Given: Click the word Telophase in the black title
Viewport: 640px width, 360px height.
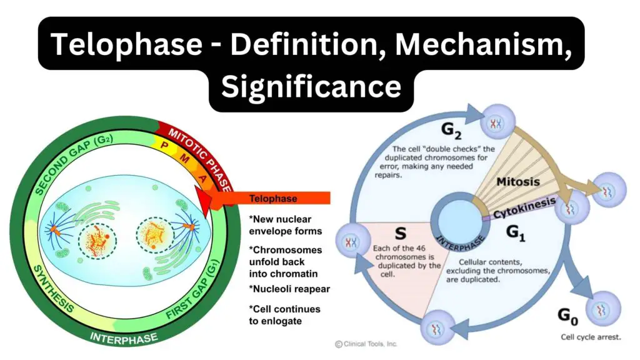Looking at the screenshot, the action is point(126,44).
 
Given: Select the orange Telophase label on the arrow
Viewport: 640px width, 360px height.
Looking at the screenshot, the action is point(273,199).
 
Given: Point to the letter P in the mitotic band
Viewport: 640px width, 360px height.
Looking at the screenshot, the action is point(164,145).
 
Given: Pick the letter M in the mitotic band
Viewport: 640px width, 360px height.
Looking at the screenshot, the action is point(185,158).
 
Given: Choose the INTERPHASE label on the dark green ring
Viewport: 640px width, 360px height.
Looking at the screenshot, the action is point(124,338).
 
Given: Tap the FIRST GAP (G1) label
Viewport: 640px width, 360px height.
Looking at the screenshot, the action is point(192,291).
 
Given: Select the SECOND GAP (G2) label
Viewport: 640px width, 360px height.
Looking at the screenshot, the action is point(74,164).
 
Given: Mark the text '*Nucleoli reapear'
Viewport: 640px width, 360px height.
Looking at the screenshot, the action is point(289,289).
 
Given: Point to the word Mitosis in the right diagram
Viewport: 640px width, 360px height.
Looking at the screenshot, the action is point(518,182).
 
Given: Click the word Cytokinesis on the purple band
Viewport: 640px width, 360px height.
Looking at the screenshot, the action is point(524,207).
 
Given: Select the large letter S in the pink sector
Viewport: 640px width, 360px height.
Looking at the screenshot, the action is point(401,234).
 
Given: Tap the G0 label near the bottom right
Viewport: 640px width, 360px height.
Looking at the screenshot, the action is point(567,316).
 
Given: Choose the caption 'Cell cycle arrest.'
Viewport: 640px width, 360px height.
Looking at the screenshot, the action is point(591,337).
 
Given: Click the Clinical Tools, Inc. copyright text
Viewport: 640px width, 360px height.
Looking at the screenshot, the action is point(366,344).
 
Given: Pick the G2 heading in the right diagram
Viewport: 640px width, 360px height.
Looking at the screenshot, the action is point(451,131).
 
